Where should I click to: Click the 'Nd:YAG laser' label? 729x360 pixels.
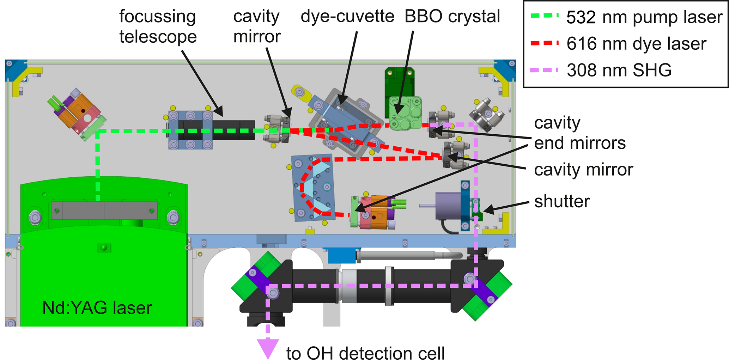[97, 308]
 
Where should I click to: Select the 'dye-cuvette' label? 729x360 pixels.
[347, 17]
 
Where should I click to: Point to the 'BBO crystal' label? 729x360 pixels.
[452, 17]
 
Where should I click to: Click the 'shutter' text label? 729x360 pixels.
[562, 201]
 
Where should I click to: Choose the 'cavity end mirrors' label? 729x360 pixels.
[579, 133]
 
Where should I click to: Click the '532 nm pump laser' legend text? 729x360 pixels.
[644, 17]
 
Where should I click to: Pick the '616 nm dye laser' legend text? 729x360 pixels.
[636, 44]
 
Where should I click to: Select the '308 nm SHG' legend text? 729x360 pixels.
[619, 70]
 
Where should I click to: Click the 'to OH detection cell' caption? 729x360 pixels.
[365, 353]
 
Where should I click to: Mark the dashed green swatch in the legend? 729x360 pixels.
[544, 16]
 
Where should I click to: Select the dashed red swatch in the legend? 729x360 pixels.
[544, 43]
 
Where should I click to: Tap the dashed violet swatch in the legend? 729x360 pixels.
[544, 70]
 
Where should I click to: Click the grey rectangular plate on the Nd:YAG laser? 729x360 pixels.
[104, 210]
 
